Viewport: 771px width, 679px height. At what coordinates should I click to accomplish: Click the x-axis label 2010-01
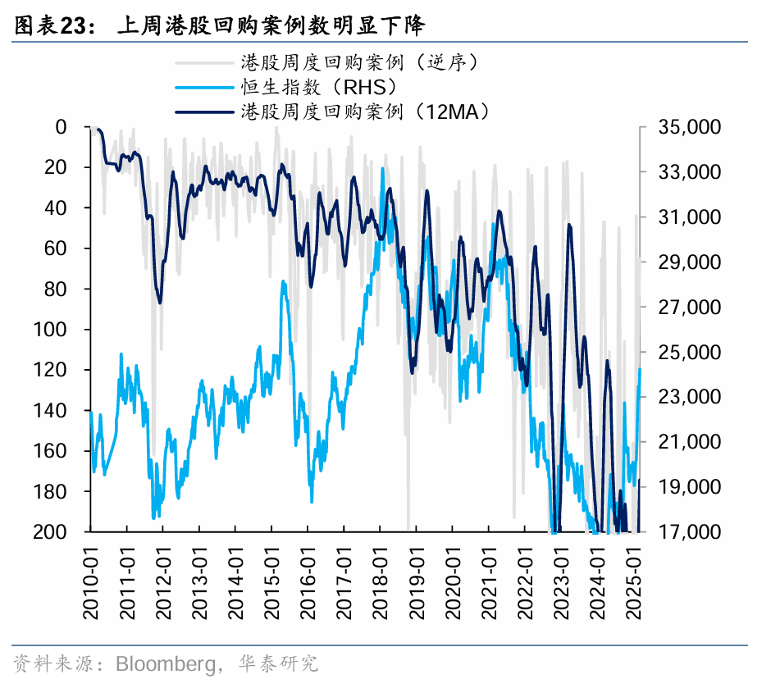[91, 585]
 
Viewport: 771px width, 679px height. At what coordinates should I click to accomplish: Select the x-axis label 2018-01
[380, 585]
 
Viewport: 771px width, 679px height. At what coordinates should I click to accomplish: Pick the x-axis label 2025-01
[632, 585]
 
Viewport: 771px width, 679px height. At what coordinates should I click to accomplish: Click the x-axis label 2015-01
[271, 585]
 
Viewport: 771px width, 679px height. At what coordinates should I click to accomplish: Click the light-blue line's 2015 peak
[284, 281]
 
